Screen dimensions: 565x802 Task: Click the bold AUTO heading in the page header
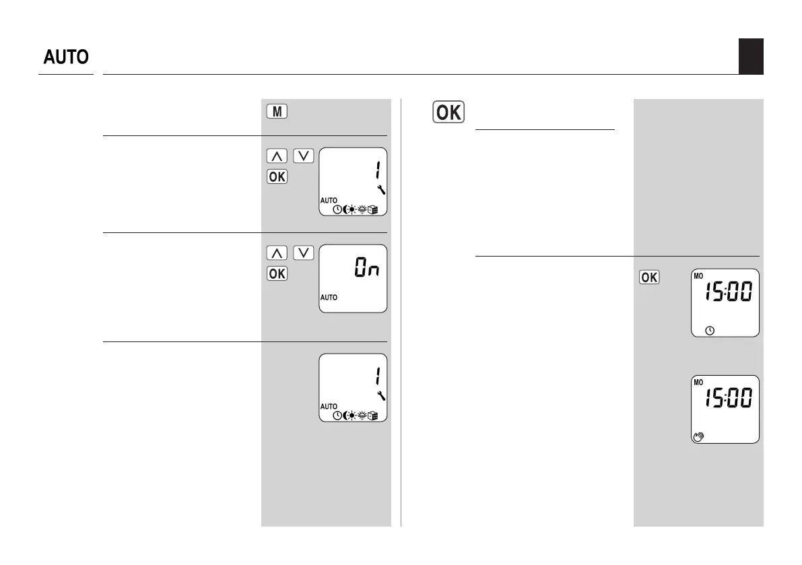(x=66, y=57)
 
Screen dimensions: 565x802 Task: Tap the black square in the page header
(x=750, y=56)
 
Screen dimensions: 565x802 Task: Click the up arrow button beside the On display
(x=276, y=253)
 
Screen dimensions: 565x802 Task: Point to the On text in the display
(x=368, y=269)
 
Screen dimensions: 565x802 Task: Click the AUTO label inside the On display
(x=329, y=297)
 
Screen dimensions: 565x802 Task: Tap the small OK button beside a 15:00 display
(x=648, y=278)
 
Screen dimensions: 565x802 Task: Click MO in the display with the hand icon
(x=698, y=382)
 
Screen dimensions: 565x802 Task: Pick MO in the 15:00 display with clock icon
(x=698, y=275)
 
